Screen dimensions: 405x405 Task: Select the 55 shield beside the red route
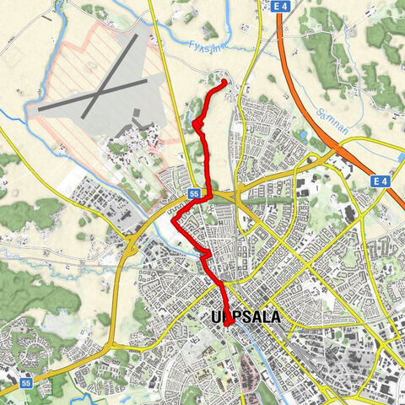[x=194, y=193]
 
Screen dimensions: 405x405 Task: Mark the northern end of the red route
[x=224, y=82]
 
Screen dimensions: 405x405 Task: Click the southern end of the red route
[x=227, y=323]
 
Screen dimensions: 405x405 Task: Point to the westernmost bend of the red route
[x=174, y=221]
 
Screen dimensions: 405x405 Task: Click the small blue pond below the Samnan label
[x=300, y=133]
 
